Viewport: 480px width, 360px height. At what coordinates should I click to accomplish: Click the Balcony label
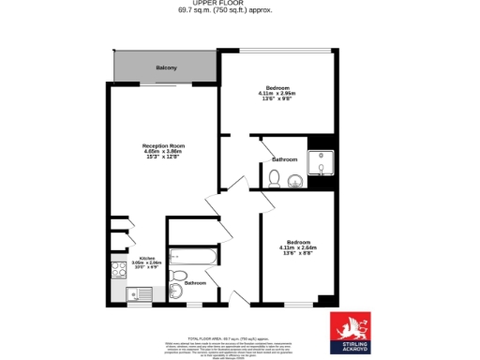(166, 67)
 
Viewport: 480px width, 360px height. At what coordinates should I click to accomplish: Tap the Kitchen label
(147, 258)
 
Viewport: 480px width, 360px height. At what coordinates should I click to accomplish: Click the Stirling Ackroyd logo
(349, 333)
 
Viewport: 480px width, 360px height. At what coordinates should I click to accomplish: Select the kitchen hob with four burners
(120, 271)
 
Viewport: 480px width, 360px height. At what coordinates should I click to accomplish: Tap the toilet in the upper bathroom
(274, 178)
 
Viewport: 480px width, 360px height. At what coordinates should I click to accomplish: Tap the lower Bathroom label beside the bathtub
(195, 283)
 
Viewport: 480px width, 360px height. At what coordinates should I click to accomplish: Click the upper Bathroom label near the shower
(284, 160)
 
